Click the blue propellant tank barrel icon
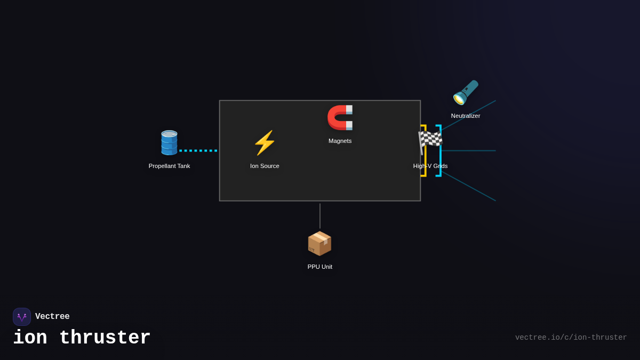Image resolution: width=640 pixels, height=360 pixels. pyautogui.click(x=169, y=143)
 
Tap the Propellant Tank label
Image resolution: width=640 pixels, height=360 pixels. pyautogui.click(x=169, y=166)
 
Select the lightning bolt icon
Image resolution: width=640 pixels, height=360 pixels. pyautogui.click(x=265, y=143)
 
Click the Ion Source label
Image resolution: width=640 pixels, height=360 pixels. pyautogui.click(x=265, y=166)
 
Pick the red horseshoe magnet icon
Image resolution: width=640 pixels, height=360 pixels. pyautogui.click(x=340, y=117)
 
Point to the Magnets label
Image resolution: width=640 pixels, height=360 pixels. pyautogui.click(x=340, y=141)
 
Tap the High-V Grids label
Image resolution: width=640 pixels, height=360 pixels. pyautogui.click(x=430, y=166)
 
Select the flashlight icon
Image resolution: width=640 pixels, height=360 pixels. pyautogui.click(x=465, y=92)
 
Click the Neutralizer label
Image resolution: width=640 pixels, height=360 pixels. pyautogui.click(x=465, y=116)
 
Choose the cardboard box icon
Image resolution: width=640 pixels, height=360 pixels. pyautogui.click(x=319, y=243)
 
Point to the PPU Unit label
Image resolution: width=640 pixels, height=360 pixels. pyautogui.click(x=319, y=267)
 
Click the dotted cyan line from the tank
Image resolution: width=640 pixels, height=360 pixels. pyautogui.click(x=198, y=150)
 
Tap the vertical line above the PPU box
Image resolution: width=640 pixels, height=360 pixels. pyautogui.click(x=320, y=215)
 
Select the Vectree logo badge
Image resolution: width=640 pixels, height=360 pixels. pyautogui.click(x=22, y=317)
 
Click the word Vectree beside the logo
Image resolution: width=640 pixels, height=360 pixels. pyautogui.click(x=52, y=317)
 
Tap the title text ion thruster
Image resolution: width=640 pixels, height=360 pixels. pyautogui.click(x=82, y=338)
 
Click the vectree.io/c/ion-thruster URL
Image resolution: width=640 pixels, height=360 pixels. pyautogui.click(x=571, y=338)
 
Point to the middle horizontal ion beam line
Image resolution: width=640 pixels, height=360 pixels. pyautogui.click(x=469, y=150)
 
